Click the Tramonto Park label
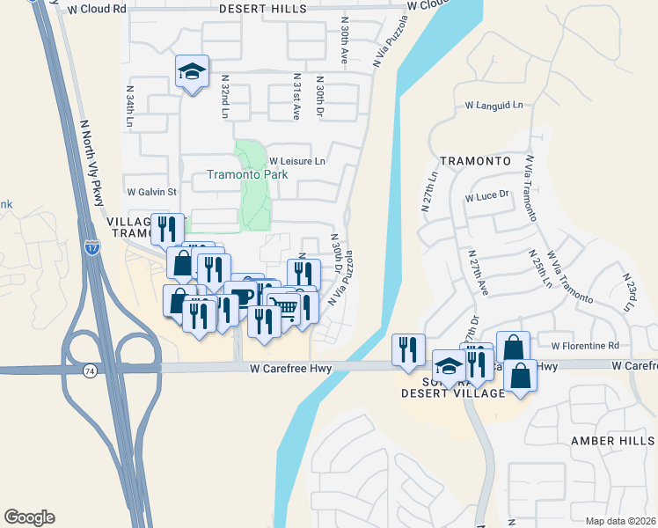coord(247,174)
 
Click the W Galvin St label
coord(152,191)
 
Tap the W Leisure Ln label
coord(297,161)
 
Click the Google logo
coord(29,517)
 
